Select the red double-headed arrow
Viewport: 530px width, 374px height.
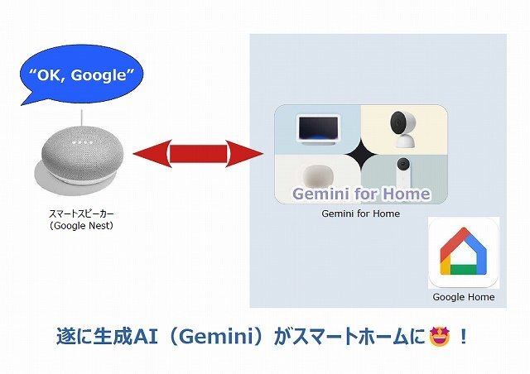point(197,154)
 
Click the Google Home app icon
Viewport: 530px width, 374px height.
point(463,253)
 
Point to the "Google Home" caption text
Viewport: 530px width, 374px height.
point(464,297)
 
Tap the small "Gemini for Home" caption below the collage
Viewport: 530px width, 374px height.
point(360,213)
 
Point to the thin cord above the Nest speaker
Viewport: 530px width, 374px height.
point(82,117)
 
